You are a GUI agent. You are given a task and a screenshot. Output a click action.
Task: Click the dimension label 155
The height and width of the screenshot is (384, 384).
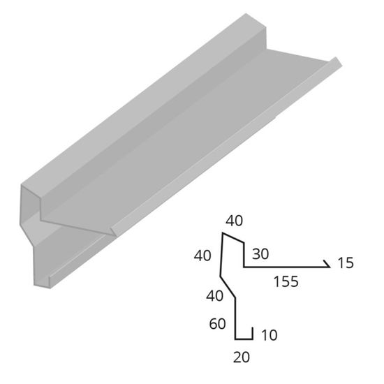(x=286, y=281)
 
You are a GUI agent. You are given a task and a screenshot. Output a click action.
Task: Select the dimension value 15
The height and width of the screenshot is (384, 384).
(x=346, y=263)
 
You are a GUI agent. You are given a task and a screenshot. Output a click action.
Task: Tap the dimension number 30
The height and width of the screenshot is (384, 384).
(x=260, y=253)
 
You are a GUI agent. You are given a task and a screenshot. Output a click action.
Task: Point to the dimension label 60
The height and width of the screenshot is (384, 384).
(x=217, y=324)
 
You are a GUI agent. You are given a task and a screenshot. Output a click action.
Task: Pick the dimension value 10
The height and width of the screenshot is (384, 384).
(x=269, y=334)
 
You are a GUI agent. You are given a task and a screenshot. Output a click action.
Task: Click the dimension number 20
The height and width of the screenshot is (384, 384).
(x=242, y=357)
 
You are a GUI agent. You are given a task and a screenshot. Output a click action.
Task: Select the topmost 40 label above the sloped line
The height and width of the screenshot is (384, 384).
(x=235, y=221)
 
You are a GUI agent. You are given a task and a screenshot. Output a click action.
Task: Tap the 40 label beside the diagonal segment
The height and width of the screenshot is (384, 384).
(x=215, y=295)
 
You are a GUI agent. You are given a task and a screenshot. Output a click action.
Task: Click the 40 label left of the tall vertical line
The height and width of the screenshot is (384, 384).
(x=202, y=256)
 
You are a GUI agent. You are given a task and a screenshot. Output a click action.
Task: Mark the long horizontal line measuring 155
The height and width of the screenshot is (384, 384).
(x=286, y=267)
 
